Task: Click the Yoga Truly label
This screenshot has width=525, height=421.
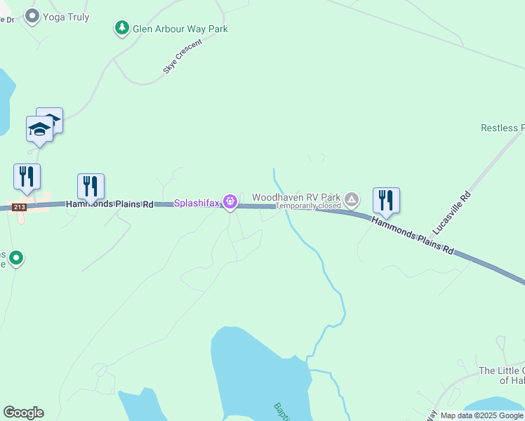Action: click(66, 17)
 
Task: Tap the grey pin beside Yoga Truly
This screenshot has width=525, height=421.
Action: click(32, 15)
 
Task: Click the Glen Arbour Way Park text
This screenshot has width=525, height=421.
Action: click(180, 29)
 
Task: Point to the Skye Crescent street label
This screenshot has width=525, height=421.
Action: click(182, 57)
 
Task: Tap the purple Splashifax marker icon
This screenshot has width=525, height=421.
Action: click(230, 202)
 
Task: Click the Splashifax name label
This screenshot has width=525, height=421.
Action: click(197, 203)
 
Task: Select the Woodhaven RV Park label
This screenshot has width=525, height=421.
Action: click(296, 198)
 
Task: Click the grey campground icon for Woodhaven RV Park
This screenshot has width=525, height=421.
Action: click(352, 201)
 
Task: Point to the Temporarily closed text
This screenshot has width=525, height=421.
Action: click(307, 206)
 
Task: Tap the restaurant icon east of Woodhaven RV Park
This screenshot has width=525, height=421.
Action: click(386, 200)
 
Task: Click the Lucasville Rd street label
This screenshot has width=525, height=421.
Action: click(451, 211)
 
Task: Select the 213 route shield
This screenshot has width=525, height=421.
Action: click(20, 207)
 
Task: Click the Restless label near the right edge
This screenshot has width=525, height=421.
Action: click(503, 128)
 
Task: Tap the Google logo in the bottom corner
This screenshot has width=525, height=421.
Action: click(23, 413)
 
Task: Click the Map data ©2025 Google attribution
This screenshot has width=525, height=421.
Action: click(481, 416)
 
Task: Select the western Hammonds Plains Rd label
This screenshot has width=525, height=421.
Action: click(109, 204)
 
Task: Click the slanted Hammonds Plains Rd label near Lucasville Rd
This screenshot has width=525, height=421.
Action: click(412, 234)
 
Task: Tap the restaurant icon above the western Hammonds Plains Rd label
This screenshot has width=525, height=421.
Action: click(91, 186)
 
